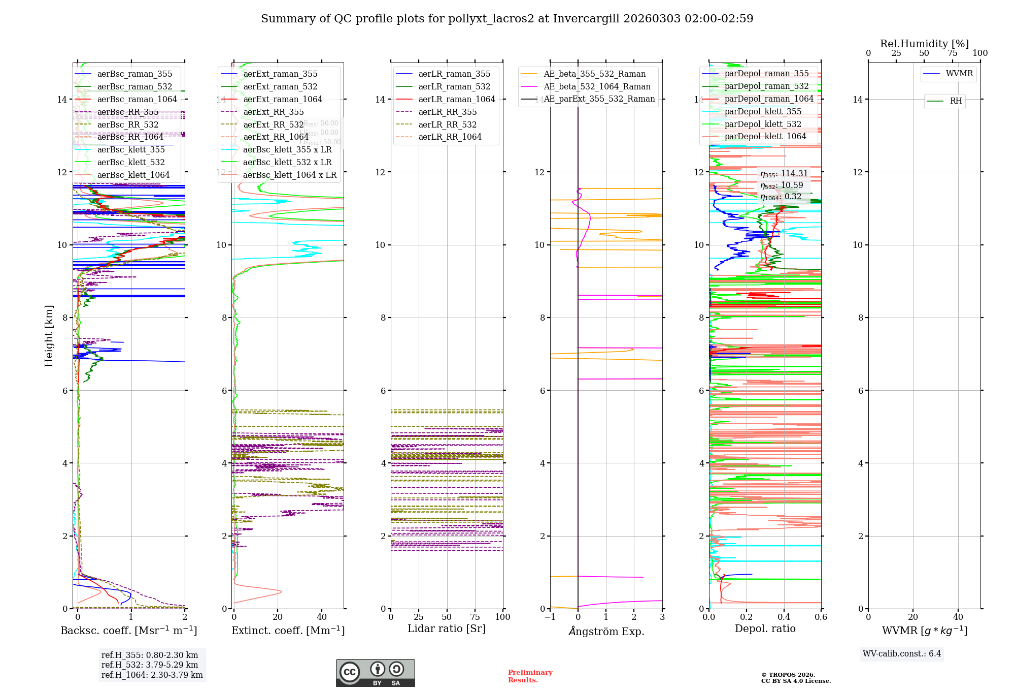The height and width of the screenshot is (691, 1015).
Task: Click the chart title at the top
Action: click(x=507, y=19)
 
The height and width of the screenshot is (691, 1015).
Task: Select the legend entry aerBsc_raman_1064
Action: click(x=137, y=99)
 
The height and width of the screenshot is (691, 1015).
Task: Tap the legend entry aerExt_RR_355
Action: click(x=273, y=112)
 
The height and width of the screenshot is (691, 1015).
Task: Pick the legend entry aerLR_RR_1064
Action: click(x=450, y=137)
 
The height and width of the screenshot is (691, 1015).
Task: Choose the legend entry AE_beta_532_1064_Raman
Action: click(x=597, y=86)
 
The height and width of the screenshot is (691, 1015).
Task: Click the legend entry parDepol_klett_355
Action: click(x=763, y=111)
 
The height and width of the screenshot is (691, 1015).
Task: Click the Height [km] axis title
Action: click(x=49, y=336)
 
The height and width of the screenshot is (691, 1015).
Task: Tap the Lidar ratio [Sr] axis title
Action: click(x=447, y=629)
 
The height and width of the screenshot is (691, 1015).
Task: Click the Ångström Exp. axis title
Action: click(x=606, y=632)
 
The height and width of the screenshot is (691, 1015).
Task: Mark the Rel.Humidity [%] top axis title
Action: click(x=924, y=44)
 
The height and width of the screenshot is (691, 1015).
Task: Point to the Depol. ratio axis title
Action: click(x=765, y=629)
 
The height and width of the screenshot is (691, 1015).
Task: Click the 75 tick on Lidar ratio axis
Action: click(x=475, y=617)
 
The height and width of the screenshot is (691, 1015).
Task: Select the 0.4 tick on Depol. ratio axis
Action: click(x=784, y=617)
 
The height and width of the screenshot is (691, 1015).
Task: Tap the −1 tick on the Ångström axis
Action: click(x=550, y=617)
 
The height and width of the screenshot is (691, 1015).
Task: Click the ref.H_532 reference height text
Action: click(x=150, y=665)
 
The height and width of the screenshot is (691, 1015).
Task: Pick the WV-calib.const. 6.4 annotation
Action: click(x=902, y=653)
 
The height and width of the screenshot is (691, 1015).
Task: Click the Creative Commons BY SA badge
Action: click(x=375, y=673)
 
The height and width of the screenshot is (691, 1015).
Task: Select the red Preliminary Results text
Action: click(x=530, y=676)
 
